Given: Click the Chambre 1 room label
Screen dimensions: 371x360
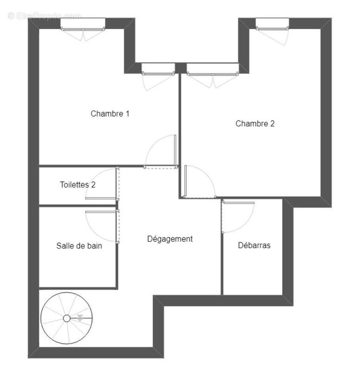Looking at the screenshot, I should tap(110, 113).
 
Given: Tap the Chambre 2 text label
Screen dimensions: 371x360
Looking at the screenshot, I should tap(255, 123).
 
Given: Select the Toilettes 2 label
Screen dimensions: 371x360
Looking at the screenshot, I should tap(77, 185).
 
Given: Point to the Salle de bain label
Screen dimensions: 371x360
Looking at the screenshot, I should tap(79, 246).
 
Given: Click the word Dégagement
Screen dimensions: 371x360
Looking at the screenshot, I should tap(170, 239).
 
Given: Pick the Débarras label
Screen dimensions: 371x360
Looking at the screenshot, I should tap(254, 245).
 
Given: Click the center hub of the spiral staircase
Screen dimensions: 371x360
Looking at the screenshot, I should tap(67, 318).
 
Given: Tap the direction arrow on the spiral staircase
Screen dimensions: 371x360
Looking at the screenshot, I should tap(80, 318).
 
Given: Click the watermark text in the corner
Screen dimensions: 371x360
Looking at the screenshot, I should tap(44, 15).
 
